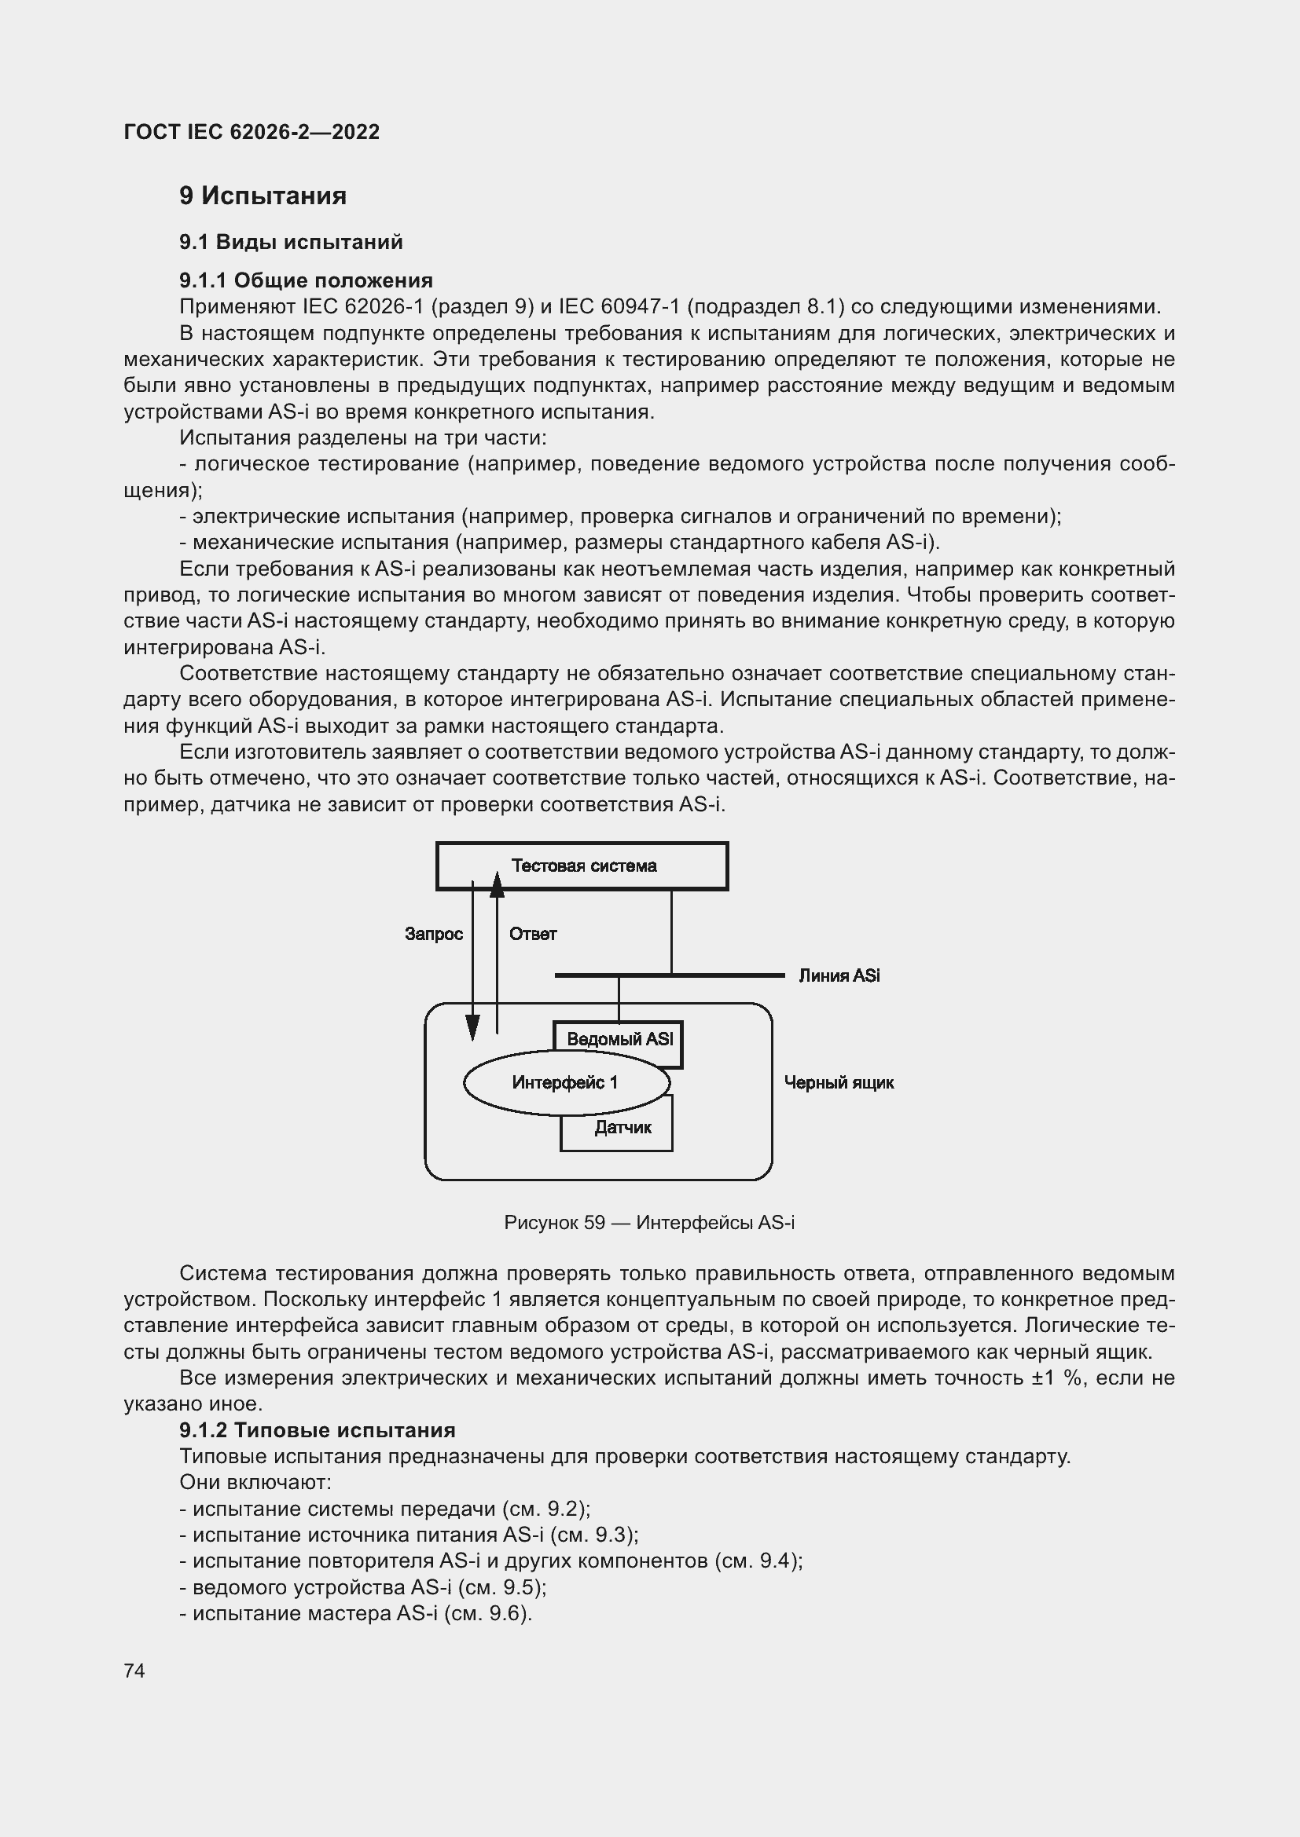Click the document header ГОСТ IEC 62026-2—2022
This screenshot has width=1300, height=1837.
tap(252, 132)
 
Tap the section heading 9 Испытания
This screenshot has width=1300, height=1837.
tap(263, 196)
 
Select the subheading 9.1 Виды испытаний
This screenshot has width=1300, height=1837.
tap(291, 242)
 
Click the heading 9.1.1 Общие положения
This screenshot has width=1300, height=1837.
tap(306, 280)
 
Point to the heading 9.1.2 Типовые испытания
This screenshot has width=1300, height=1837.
tap(317, 1429)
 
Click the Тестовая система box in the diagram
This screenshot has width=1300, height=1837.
tap(582, 865)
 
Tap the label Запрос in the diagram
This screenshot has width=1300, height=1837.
tap(433, 934)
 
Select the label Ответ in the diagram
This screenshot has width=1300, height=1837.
tap(532, 934)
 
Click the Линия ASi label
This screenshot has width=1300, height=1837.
tap(839, 975)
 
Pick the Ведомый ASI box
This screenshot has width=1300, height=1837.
tap(619, 1038)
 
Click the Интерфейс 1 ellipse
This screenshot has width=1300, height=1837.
tap(565, 1082)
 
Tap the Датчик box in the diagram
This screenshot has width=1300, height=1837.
tap(622, 1127)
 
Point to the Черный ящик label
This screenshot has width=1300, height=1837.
tap(838, 1082)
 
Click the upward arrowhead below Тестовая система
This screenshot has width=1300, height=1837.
tap(497, 885)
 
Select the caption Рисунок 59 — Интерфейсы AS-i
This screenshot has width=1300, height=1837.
tap(649, 1223)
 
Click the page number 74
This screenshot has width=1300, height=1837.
tap(134, 1670)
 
